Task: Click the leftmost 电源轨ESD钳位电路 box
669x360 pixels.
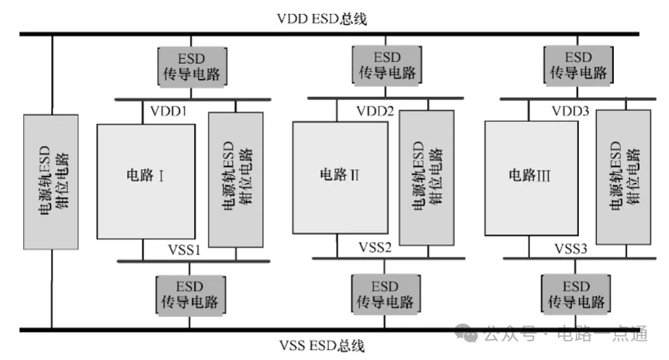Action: coord(52,182)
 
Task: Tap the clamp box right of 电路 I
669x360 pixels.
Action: coord(236,179)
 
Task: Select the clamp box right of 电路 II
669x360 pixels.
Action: coord(426,178)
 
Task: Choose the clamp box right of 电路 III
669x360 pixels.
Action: coord(623,178)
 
